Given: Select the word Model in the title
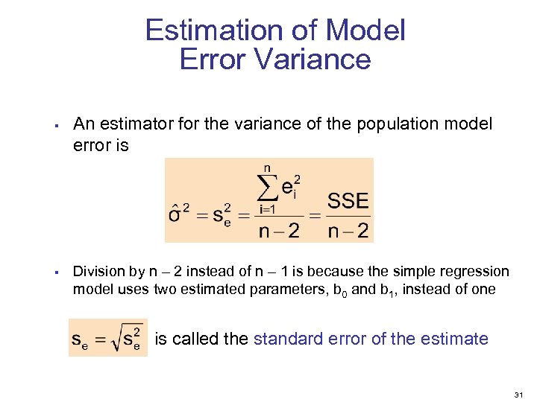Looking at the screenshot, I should click(x=365, y=31).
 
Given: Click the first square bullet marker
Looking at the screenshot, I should click(x=57, y=125).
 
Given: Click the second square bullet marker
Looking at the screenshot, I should click(x=57, y=272).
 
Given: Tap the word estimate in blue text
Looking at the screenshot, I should click(x=456, y=339).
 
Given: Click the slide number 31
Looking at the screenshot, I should click(x=521, y=393).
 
